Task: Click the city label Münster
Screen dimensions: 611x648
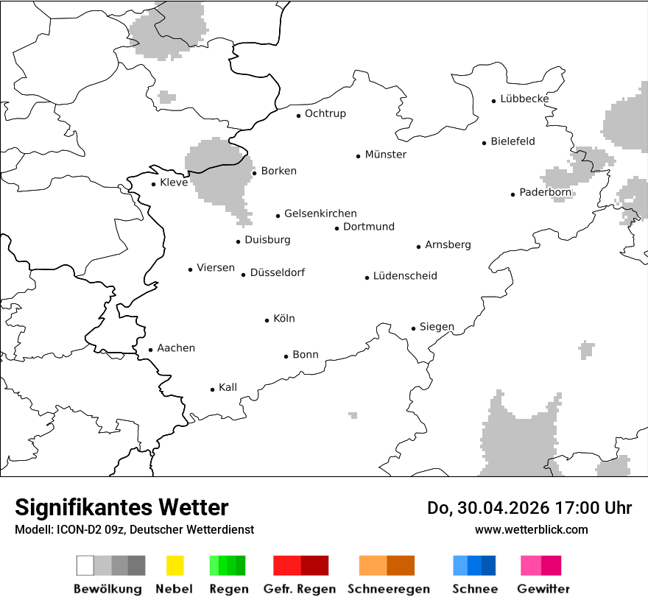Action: (385, 155)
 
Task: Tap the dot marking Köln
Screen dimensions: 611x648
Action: (267, 320)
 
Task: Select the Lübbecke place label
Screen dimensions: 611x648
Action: (524, 99)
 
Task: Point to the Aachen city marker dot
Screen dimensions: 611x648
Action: (150, 350)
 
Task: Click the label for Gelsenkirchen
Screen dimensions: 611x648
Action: (320, 213)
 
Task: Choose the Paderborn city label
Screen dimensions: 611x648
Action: (545, 193)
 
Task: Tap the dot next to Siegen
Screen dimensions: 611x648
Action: (414, 328)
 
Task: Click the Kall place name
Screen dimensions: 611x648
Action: (228, 387)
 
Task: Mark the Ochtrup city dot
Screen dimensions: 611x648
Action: (299, 116)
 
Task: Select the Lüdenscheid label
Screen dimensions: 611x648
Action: (405, 276)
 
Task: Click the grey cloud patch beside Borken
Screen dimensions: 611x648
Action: (217, 177)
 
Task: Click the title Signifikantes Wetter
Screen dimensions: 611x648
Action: (121, 508)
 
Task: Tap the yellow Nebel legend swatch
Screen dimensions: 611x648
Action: (175, 565)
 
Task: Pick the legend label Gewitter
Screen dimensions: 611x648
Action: (543, 589)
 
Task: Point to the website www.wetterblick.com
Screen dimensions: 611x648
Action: (531, 530)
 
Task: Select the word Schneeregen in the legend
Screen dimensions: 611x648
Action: (389, 589)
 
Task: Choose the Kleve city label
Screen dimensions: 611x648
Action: (174, 183)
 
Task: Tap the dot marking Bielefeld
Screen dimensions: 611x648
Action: (485, 143)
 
